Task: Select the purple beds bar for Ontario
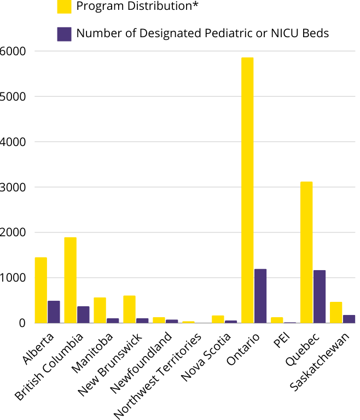pos(260,296)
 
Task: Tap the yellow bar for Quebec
pos(306,252)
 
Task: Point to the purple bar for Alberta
pos(54,312)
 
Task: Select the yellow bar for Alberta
pos(40,290)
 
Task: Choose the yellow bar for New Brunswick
pos(129,309)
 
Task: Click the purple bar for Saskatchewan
pos(349,319)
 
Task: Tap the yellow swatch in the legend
pos(65,7)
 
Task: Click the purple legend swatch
pos(65,34)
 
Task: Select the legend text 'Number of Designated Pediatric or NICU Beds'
pos(202,33)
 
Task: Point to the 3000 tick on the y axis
pos(13,187)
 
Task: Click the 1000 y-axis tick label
pos(13,278)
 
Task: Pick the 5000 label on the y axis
pos(13,96)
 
